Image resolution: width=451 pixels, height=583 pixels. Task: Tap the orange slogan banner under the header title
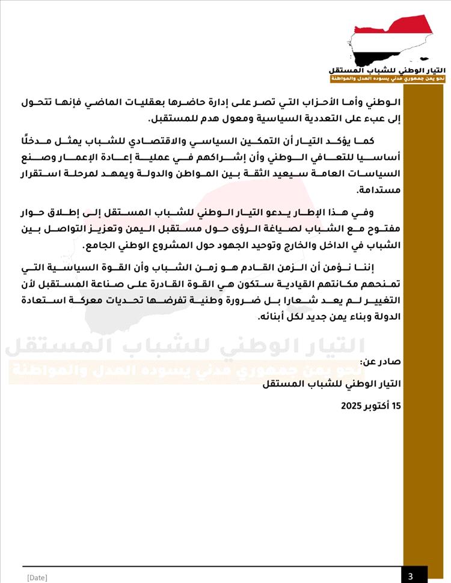pyautogui.click(x=387, y=79)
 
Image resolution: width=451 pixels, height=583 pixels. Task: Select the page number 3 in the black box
pyautogui.click(x=410, y=576)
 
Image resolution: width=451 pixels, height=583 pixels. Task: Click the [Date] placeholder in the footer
pyautogui.click(x=37, y=578)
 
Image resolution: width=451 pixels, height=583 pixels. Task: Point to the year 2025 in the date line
pyautogui.click(x=351, y=406)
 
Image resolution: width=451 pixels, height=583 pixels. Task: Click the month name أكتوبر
pyautogui.click(x=376, y=406)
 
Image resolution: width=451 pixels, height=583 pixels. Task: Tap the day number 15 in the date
pyautogui.click(x=396, y=406)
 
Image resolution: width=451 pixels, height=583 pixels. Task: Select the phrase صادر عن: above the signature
pyautogui.click(x=379, y=362)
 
